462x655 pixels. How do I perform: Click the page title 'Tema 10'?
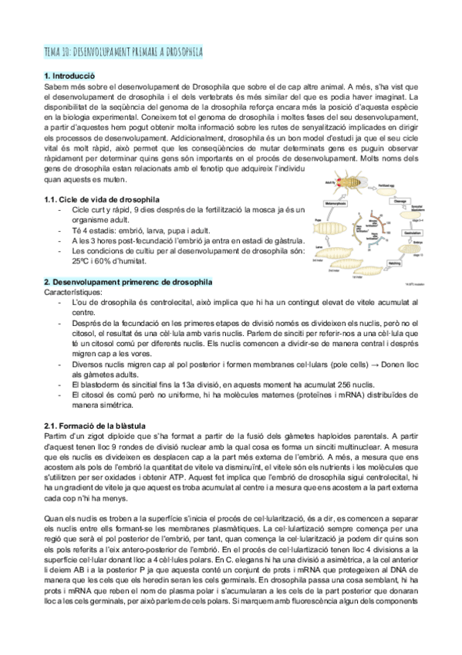(123, 52)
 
